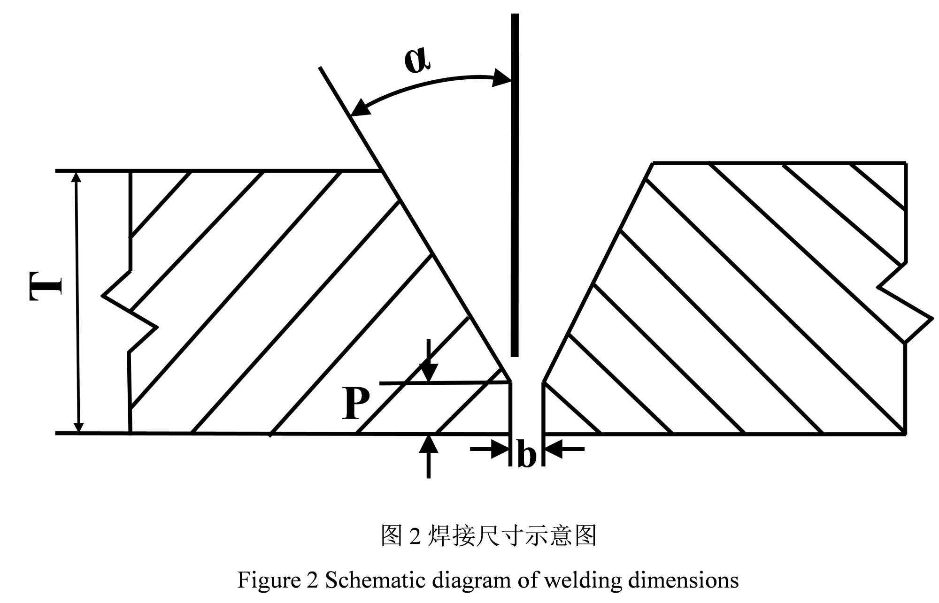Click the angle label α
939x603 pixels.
coord(416,61)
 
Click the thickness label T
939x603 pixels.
coord(46,285)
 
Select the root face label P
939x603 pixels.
coord(355,403)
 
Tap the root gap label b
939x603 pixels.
coord(526,454)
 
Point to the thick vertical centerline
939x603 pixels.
coord(515,188)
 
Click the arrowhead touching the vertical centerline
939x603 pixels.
coord(501,78)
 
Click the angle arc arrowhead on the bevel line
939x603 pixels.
coord(361,107)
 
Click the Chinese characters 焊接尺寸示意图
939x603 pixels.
coord(512,536)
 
